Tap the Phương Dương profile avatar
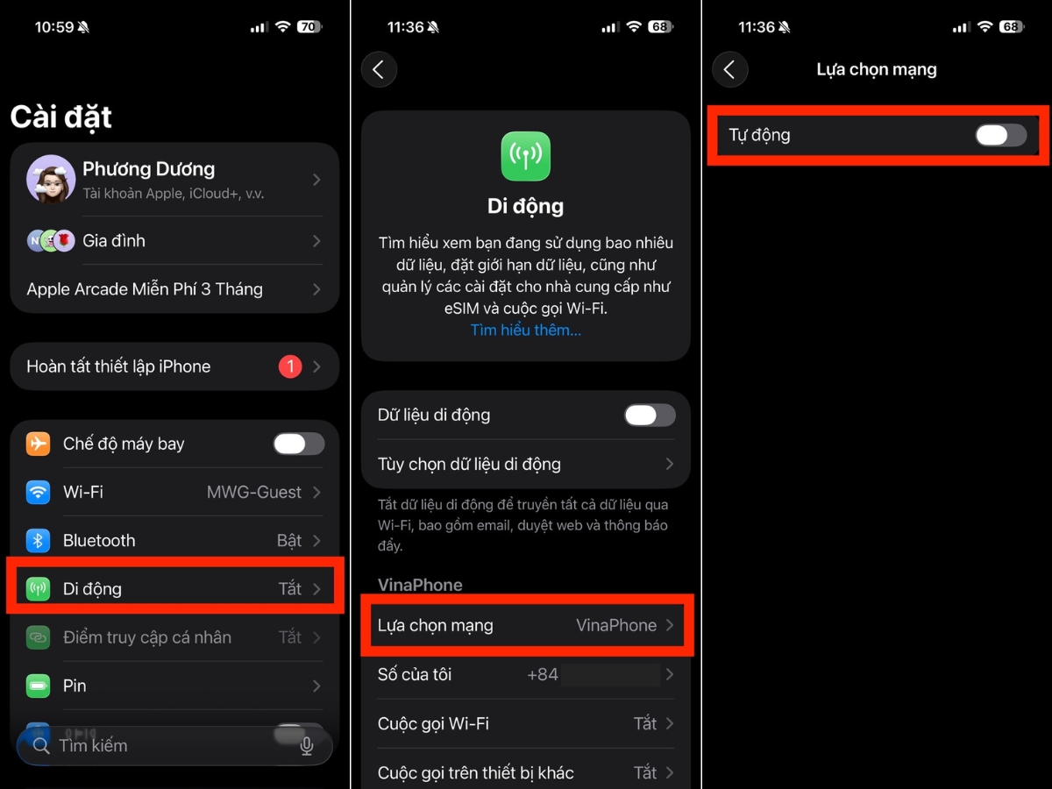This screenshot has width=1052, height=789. pyautogui.click(x=51, y=179)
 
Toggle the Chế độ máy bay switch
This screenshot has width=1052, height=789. pyautogui.click(x=299, y=444)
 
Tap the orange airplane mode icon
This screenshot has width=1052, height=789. pyautogui.click(x=38, y=444)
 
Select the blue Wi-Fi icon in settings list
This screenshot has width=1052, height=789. pyautogui.click(x=38, y=492)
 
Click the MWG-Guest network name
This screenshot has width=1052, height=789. pyautogui.click(x=254, y=492)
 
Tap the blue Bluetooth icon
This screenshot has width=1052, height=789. pyautogui.click(x=38, y=540)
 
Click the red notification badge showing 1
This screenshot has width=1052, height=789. pyautogui.click(x=290, y=366)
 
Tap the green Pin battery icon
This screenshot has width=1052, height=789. pyautogui.click(x=38, y=686)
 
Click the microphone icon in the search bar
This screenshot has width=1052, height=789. pyautogui.click(x=307, y=746)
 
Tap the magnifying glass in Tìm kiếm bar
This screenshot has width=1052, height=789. pyautogui.click(x=41, y=746)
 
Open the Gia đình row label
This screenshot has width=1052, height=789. pyautogui.click(x=114, y=240)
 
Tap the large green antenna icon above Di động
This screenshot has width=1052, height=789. pyautogui.click(x=526, y=156)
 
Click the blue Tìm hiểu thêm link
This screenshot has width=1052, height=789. pyautogui.click(x=526, y=331)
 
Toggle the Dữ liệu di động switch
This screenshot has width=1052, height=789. pyautogui.click(x=650, y=415)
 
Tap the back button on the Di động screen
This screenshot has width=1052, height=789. pyautogui.click(x=379, y=69)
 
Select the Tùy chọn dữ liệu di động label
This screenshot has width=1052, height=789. pyautogui.click(x=469, y=464)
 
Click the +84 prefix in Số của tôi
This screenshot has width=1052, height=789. pyautogui.click(x=543, y=674)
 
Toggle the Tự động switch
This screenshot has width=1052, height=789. pyautogui.click(x=1001, y=135)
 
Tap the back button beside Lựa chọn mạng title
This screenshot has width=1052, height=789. pyautogui.click(x=730, y=69)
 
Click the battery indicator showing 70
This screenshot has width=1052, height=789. pyautogui.click(x=309, y=27)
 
